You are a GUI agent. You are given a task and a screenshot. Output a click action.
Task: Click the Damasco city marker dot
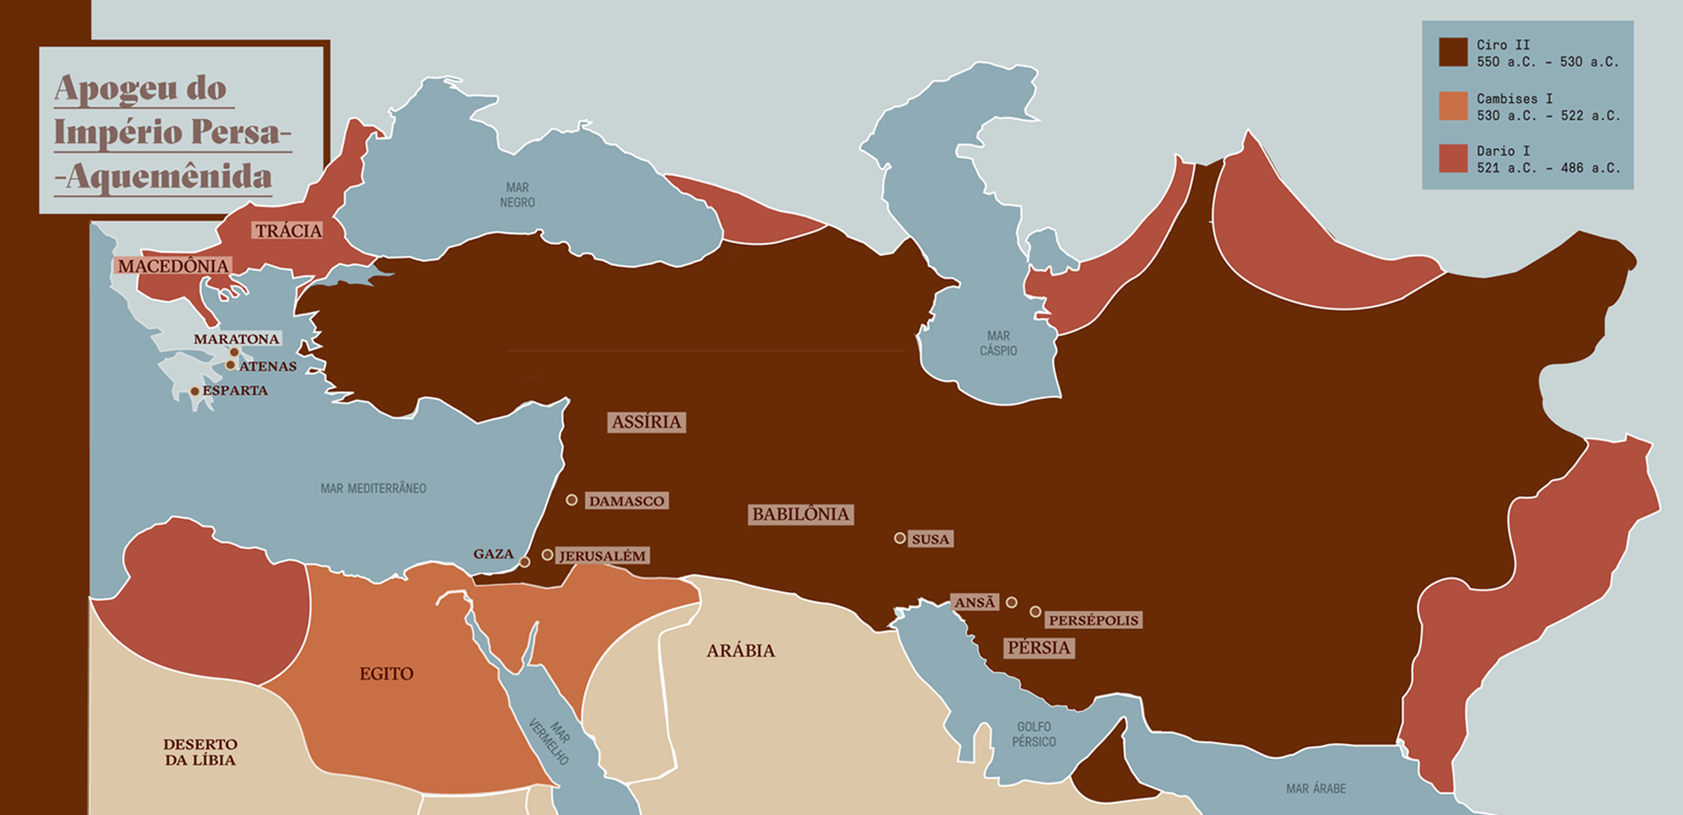pyautogui.click(x=572, y=500)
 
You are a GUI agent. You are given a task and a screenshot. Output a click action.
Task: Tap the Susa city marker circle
pyautogui.click(x=900, y=538)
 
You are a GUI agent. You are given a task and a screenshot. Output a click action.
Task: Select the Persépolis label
pyautogui.click(x=1093, y=620)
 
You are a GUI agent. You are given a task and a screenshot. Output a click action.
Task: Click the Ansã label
pyautogui.click(x=975, y=602)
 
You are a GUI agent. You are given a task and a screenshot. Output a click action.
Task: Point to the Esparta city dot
pyautogui.click(x=195, y=391)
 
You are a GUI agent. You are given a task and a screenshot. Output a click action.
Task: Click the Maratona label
pyautogui.click(x=236, y=339)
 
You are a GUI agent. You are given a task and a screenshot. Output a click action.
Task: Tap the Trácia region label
pyautogui.click(x=288, y=231)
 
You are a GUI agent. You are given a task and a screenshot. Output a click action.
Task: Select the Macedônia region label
pyautogui.click(x=173, y=266)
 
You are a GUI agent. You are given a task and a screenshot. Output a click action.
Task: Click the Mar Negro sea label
pyautogui.click(x=517, y=195)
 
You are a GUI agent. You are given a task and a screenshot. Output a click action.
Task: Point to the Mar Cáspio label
pyautogui.click(x=998, y=343)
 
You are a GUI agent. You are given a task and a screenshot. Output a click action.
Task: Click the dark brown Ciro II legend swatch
pyautogui.click(x=1453, y=52)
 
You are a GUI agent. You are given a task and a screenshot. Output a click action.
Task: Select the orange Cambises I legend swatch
pyautogui.click(x=1453, y=106)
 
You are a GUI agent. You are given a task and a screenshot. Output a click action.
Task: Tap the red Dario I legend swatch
pyautogui.click(x=1453, y=159)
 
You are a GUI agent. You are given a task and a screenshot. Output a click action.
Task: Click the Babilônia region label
pyautogui.click(x=800, y=515)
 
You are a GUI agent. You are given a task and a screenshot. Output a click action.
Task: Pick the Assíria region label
pyautogui.click(x=646, y=422)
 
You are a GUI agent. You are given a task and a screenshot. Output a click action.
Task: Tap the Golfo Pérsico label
pyautogui.click(x=1034, y=734)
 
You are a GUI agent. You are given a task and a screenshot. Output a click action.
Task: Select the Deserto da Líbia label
pyautogui.click(x=200, y=752)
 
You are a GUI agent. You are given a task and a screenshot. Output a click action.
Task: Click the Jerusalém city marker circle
pyautogui.click(x=548, y=555)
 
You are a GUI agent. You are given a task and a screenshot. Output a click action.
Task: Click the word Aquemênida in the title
pyautogui.click(x=168, y=177)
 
